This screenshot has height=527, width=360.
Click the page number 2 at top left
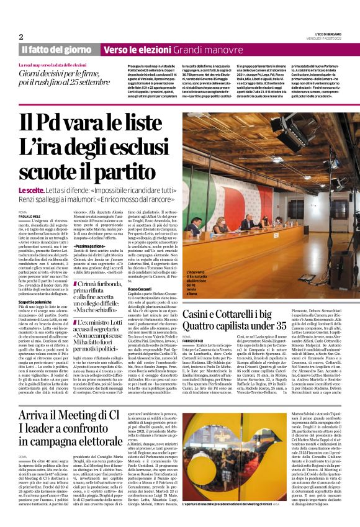click(x=21, y=37)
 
